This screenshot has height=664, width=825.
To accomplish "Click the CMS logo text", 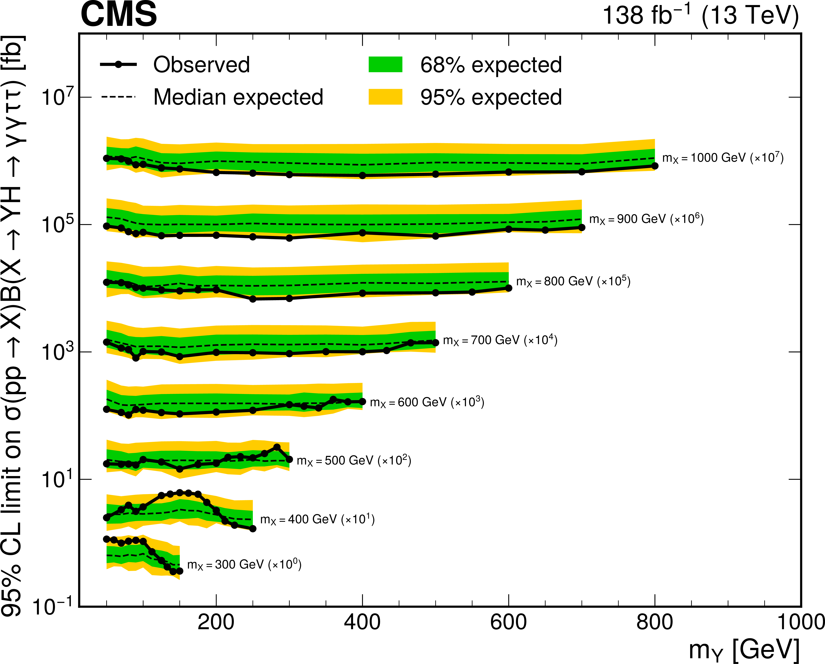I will [x=119, y=15].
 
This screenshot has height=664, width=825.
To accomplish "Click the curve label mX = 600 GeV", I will [x=427, y=402].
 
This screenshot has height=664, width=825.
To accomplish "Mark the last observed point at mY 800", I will [x=655, y=166].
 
